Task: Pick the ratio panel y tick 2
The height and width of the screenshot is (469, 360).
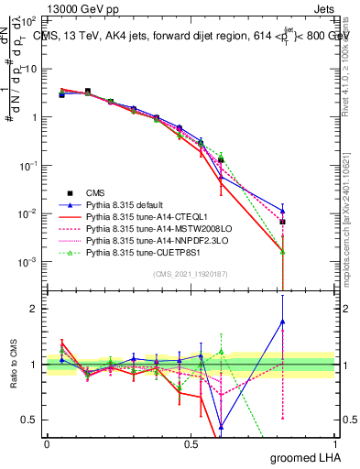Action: click(33, 309)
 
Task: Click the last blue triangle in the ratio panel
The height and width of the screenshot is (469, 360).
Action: click(283, 322)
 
